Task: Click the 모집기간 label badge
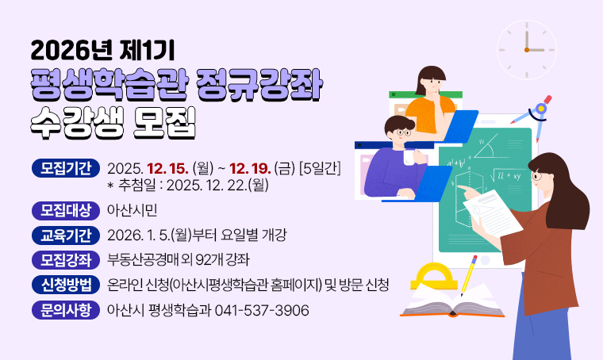pos(65,168)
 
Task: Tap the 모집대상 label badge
pos(65,210)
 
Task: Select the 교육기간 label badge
pos(65,235)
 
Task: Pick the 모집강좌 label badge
pos(65,259)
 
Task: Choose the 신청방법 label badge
pos(65,285)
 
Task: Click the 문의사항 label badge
pos(65,310)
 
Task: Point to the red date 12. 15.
pos(166,168)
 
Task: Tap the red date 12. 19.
pos(251,168)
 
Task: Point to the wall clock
pos(526,50)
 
